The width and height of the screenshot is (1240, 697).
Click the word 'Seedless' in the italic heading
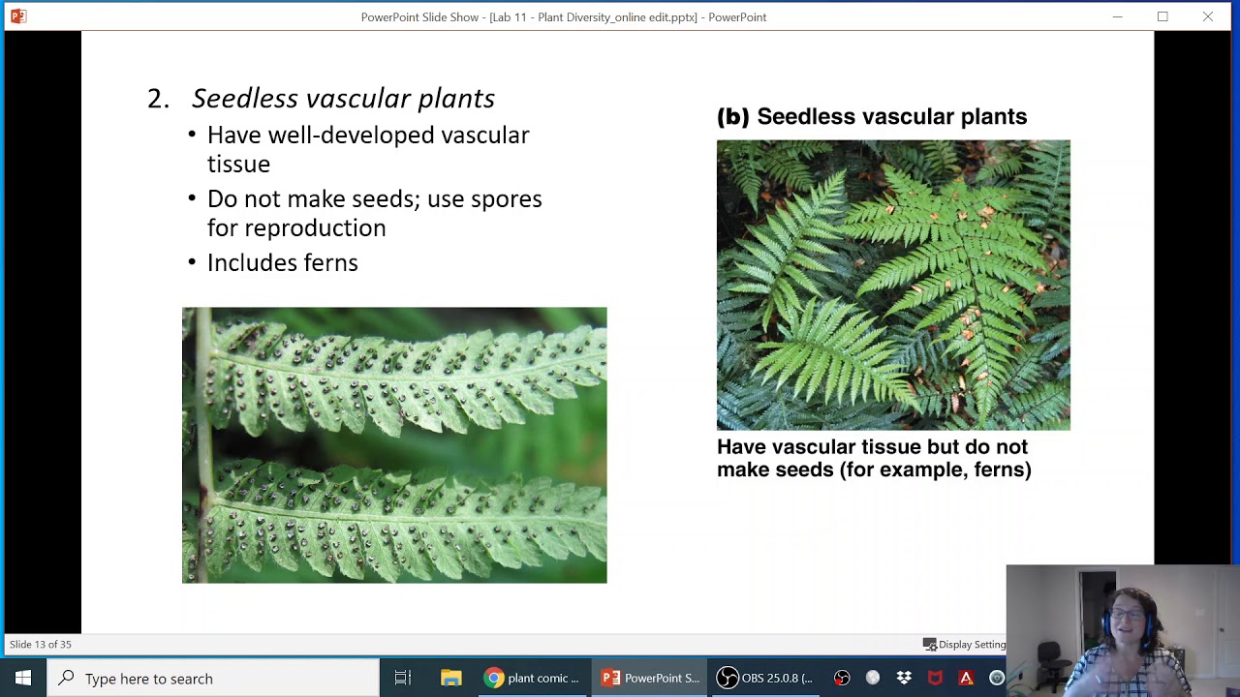(x=245, y=98)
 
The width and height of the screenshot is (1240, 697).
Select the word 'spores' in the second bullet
(x=506, y=198)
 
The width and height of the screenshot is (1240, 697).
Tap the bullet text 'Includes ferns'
(x=282, y=262)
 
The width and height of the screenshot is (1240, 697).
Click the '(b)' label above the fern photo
(x=732, y=116)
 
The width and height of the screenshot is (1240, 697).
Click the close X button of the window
(x=1207, y=16)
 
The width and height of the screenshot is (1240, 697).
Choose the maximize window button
(x=1162, y=16)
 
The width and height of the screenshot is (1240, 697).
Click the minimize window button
(x=1117, y=16)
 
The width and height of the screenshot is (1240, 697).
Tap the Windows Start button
(x=23, y=678)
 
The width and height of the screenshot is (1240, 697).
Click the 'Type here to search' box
(x=213, y=678)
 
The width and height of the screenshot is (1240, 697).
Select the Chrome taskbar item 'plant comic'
(x=532, y=678)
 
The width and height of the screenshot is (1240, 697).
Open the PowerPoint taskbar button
(x=650, y=678)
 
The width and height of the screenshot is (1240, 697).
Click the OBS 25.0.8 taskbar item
(x=765, y=678)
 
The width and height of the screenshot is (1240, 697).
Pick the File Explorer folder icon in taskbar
(x=450, y=678)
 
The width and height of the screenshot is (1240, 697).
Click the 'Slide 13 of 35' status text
(x=41, y=644)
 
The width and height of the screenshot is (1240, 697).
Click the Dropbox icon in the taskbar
(x=903, y=678)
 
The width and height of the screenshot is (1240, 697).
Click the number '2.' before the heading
(x=158, y=99)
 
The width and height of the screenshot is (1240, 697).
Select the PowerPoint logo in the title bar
(x=18, y=16)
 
